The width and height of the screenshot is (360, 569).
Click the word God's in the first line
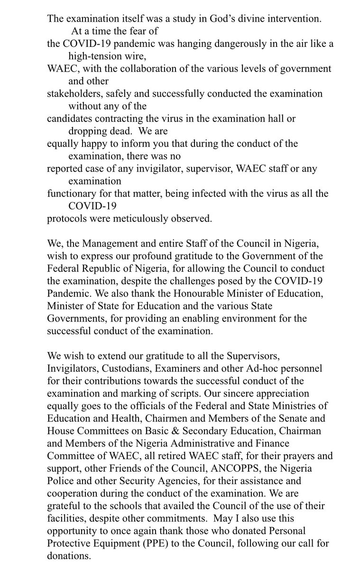coord(203,19)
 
